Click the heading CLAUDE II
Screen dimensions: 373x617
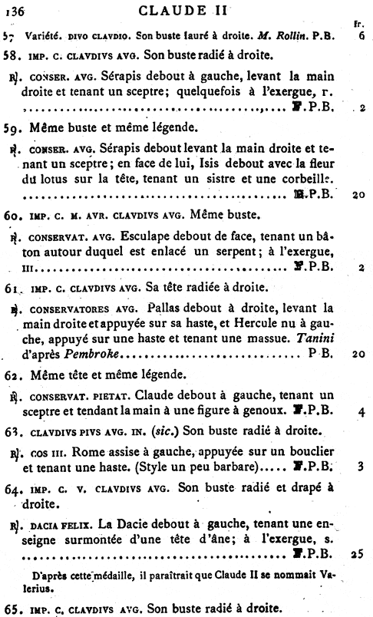(x=186, y=12)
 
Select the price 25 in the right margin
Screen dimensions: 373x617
(x=359, y=552)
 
